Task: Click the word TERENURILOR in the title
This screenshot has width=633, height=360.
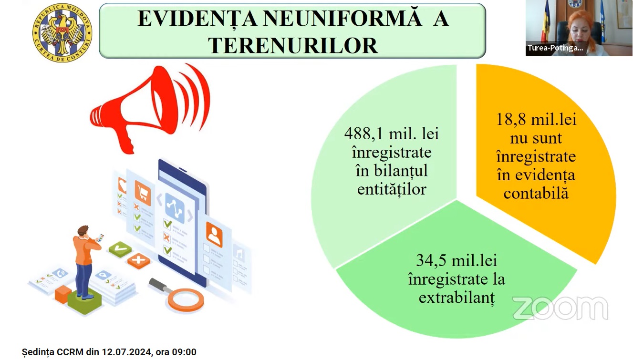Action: [293, 45]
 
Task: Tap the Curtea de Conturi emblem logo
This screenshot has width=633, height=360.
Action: [62, 32]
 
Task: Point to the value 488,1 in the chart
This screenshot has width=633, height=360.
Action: [363, 134]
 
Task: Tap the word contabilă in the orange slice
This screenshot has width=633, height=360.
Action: [536, 194]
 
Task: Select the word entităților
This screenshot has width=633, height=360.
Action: [392, 189]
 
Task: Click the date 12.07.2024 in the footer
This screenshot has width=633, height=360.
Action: [126, 352]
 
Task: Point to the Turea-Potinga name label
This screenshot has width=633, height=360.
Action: [555, 48]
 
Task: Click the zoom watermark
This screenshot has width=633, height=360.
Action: [560, 308]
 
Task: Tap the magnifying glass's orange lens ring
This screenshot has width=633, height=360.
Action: [186, 300]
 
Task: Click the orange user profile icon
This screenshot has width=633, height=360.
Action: [214, 235]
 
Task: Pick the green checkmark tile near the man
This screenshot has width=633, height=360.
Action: [120, 249]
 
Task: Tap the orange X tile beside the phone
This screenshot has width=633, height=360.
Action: [139, 260]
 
